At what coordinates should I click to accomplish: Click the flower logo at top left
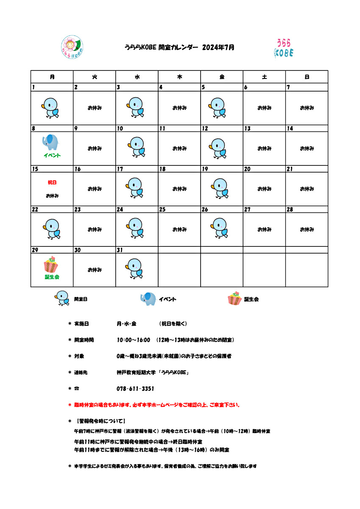click(73, 46)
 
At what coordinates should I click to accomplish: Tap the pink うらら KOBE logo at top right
click(284, 48)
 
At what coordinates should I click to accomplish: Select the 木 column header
click(179, 77)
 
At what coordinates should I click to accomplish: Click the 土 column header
click(264, 77)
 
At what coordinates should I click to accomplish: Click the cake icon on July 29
click(51, 265)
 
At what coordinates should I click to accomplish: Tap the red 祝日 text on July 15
click(52, 182)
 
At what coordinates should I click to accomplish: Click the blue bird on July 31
click(135, 269)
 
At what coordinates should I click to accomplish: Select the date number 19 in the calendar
click(205, 169)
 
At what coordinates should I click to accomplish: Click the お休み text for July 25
click(179, 229)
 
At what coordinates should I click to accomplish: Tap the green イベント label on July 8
click(52, 156)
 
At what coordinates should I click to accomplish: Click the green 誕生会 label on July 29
click(52, 277)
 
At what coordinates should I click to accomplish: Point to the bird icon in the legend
click(62, 298)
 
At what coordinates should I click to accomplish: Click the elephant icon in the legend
click(148, 299)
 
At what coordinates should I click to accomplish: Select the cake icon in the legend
click(234, 299)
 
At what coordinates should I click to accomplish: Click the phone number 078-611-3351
click(135, 389)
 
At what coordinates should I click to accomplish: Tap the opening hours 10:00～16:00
click(134, 340)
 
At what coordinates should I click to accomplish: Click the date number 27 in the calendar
click(247, 210)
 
